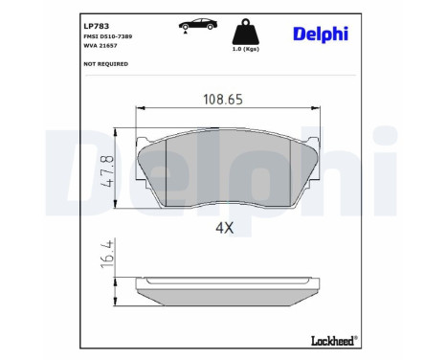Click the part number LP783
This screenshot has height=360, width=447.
(96, 26)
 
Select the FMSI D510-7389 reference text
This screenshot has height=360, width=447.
(107, 36)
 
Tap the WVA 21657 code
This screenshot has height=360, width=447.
(101, 45)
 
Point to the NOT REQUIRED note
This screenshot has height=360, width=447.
(105, 64)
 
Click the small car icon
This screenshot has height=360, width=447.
(198, 24)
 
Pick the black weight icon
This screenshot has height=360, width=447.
(245, 32)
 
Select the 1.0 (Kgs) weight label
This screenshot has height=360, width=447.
(245, 49)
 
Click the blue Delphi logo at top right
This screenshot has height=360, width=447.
(321, 34)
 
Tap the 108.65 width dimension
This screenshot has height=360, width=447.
(223, 100)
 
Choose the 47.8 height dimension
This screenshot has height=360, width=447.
(107, 171)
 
